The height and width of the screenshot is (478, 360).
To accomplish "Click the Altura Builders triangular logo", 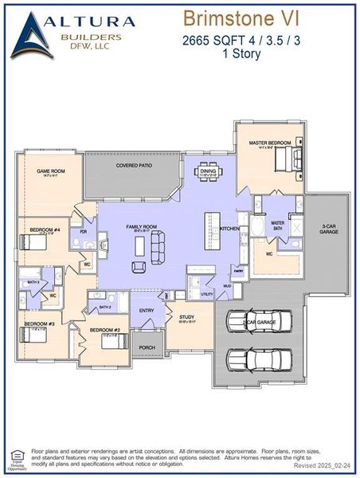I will pos(32,36).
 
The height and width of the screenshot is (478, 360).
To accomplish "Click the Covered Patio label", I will pos(134,166).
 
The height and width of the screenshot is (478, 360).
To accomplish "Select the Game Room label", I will pos(50,171).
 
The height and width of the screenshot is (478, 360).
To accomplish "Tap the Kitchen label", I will pos(229,229).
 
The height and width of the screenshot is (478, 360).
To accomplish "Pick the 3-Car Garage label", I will pos(330,230).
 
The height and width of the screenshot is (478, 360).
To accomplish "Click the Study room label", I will pos(186,316).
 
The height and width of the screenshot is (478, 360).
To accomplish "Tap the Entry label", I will pos(147,311).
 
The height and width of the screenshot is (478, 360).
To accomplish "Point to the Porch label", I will pos(147,347).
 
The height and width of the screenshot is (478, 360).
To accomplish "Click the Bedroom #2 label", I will pos(104,329).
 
